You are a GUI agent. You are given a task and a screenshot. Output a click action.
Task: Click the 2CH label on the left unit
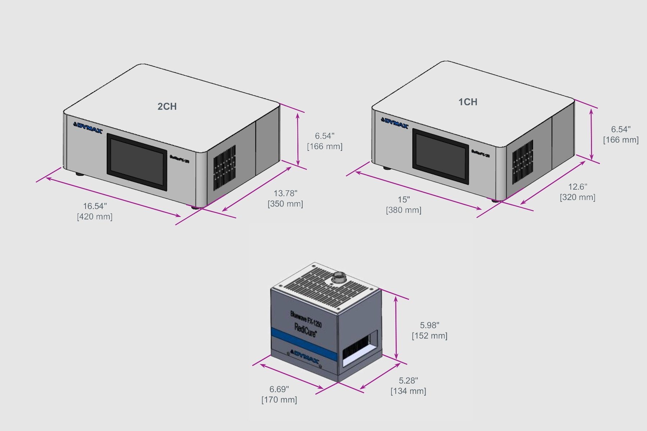click(167, 107)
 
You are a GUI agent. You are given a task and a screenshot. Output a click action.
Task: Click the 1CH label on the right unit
click(468, 102)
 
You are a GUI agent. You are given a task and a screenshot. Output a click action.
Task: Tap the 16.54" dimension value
click(95, 206)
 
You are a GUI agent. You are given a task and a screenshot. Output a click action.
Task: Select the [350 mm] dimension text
click(285, 204)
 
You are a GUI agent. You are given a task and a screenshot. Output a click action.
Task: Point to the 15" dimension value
click(404, 200)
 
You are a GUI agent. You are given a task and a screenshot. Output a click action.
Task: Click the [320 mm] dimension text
click(577, 197)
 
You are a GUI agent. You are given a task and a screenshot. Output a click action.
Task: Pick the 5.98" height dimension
click(430, 325)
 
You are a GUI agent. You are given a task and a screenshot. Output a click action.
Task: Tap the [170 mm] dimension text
click(279, 400)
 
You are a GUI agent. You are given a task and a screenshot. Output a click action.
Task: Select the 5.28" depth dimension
click(408, 381)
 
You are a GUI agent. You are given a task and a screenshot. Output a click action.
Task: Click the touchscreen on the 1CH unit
click(441, 156)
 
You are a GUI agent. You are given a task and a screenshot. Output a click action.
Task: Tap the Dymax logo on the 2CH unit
click(88, 128)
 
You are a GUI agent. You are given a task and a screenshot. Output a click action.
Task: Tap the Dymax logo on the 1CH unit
click(395, 123)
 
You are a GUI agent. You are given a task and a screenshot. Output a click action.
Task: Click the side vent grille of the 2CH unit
click(225, 168)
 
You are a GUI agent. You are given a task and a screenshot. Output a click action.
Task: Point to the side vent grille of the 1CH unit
click(523, 162)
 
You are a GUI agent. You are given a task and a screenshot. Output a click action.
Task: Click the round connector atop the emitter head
click(338, 277)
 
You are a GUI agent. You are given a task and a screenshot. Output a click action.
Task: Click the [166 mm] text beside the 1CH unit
click(621, 140)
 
